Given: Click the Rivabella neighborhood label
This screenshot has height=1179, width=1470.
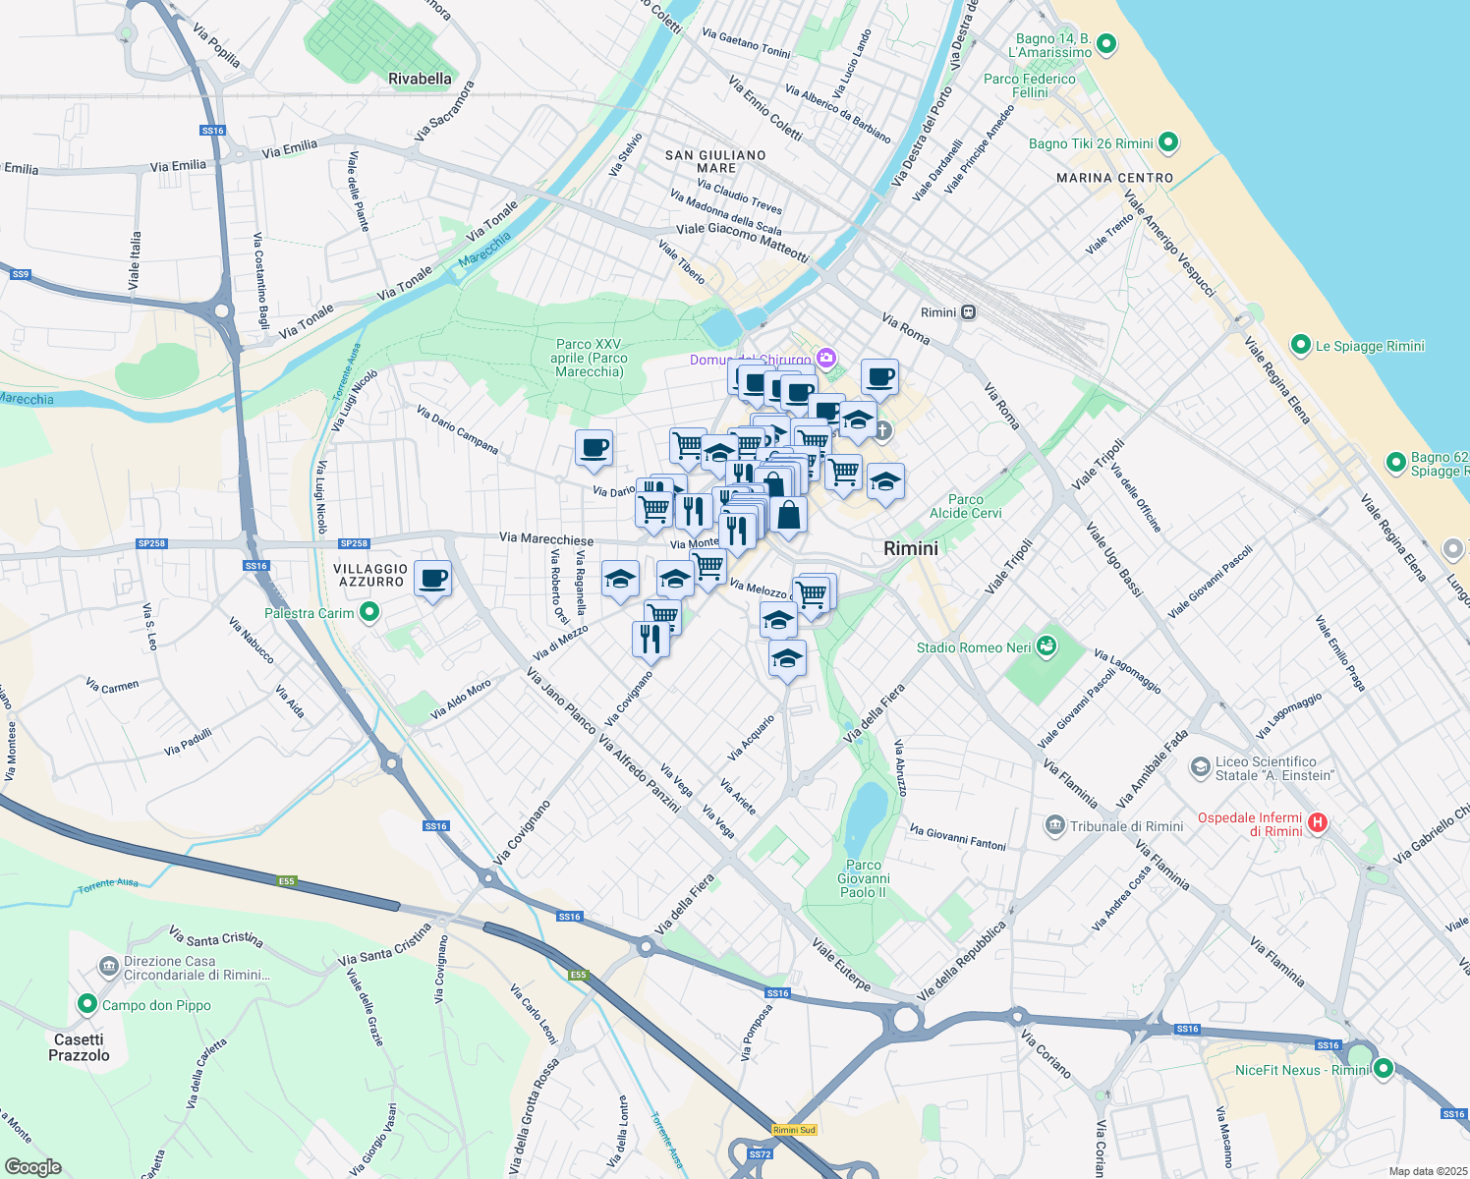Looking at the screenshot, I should click(420, 79).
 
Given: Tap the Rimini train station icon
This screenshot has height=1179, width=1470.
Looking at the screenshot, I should click(969, 312).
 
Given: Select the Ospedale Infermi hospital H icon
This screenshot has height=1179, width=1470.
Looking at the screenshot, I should click(1318, 823).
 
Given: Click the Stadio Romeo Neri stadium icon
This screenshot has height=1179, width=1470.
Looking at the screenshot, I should click(1047, 646).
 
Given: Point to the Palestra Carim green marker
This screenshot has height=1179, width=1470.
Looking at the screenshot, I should click(369, 613).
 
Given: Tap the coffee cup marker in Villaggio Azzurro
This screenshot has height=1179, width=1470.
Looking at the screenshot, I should click(432, 578).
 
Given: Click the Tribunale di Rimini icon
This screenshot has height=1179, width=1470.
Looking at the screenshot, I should click(1055, 825).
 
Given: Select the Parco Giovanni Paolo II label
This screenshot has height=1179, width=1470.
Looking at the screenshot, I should click(864, 878).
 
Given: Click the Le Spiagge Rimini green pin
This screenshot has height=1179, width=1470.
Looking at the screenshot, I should click(1300, 345).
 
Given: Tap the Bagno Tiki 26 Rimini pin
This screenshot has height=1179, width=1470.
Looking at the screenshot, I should click(1168, 142).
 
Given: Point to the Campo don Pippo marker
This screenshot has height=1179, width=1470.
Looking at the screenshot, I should click(87, 1004).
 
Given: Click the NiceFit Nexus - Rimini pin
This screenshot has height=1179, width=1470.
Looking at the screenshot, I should click(1384, 1068).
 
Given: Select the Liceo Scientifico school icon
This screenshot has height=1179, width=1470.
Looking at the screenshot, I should click(1200, 767).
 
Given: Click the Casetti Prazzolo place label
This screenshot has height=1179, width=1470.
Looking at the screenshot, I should click(79, 1047).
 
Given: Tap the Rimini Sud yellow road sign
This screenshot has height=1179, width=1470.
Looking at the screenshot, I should click(794, 1130).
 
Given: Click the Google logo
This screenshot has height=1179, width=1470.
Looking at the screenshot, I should click(32, 1167).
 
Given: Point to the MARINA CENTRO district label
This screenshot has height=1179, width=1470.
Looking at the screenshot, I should click(1114, 178).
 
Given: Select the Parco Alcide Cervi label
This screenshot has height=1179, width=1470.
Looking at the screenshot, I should click(965, 506).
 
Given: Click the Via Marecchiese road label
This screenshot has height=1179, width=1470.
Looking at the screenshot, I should click(546, 538).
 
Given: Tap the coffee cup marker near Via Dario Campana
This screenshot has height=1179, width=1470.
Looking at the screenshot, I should click(594, 448).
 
